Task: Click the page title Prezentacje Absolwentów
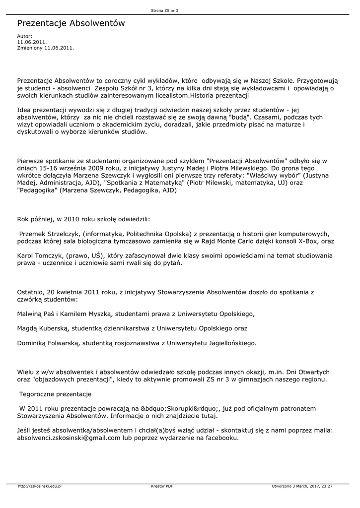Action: (x=71, y=24)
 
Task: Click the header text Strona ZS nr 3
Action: (x=164, y=10)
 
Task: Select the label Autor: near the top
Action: (x=25, y=36)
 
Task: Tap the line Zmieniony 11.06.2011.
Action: (x=45, y=48)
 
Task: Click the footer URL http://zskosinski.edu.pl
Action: (x=40, y=486)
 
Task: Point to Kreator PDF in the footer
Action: (x=162, y=486)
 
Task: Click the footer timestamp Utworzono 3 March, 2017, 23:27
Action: (x=302, y=486)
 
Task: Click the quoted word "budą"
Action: (x=240, y=118)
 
